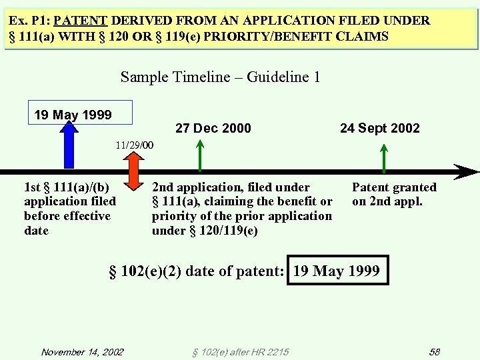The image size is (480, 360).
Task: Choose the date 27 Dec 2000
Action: pos(213,128)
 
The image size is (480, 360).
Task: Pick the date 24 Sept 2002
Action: pos(379,128)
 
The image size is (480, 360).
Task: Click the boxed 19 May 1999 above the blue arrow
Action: pos(73,115)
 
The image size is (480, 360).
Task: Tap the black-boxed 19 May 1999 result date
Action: pos(337,271)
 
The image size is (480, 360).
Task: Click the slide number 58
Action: pos(434,351)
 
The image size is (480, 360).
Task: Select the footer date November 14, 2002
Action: pos(82,351)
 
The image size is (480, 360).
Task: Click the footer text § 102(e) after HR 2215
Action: pos(241,351)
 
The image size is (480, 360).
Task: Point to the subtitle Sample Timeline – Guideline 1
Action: pos(220,77)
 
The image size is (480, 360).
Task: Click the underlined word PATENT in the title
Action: pos(91,21)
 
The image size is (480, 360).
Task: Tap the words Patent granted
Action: pos(394,187)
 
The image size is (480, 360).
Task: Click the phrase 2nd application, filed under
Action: pos(231,187)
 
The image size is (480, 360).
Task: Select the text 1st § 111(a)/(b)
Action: pos(67,187)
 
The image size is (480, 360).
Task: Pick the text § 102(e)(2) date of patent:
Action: pos(197,271)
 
